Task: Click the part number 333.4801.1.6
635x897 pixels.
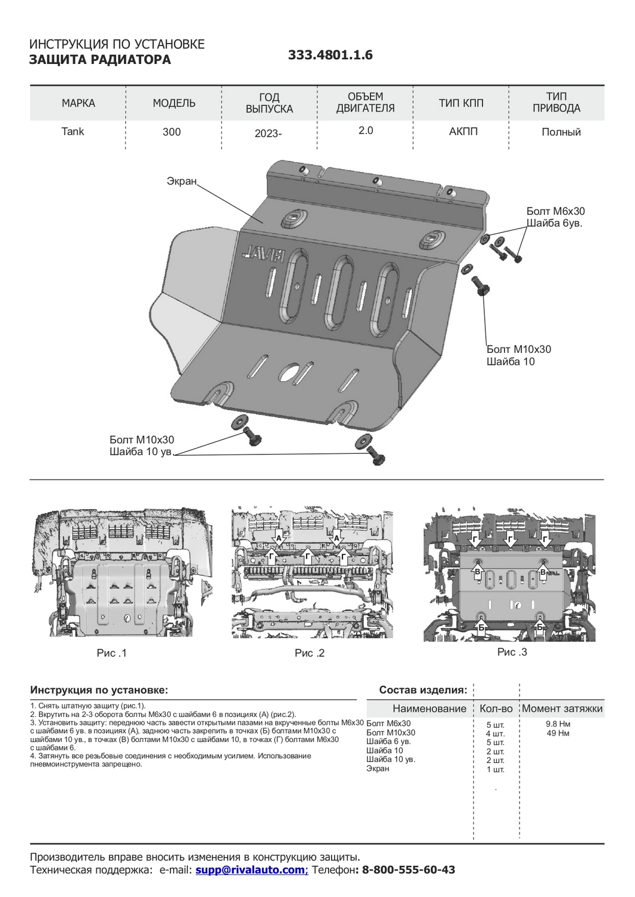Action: point(330,55)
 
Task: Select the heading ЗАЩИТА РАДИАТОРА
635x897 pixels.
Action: point(100,60)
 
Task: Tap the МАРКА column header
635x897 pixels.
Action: point(78,103)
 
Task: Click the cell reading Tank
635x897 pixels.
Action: point(73,132)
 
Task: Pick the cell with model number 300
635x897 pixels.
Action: point(172,132)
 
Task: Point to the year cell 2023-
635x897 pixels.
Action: point(268,133)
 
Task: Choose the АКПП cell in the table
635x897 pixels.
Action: point(463,132)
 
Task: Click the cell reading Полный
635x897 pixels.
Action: point(561,132)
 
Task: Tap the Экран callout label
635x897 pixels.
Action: point(181,181)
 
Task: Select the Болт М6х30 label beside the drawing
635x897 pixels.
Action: point(555,211)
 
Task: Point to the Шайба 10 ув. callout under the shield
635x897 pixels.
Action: point(141,451)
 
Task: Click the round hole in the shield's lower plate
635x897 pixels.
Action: point(290,372)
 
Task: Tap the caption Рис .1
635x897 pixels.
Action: point(111,653)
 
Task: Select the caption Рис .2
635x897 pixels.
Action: point(309,653)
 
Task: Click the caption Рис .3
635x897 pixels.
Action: point(512,652)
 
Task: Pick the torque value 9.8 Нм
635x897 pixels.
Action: point(558,724)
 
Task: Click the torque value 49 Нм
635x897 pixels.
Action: point(558,733)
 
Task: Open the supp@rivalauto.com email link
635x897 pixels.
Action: point(251,869)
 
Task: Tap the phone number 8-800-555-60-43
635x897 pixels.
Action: point(406,869)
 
